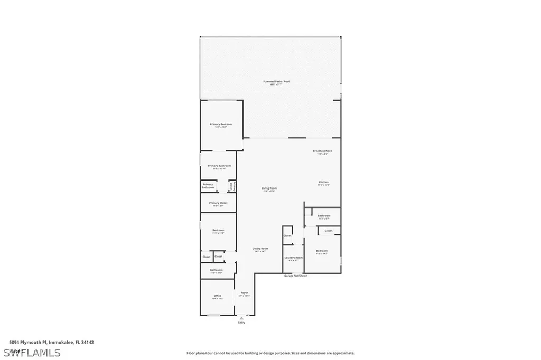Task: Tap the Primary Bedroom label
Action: click(x=221, y=124)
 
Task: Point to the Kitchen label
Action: click(x=323, y=182)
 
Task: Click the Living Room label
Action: click(x=269, y=188)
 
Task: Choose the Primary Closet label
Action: click(x=218, y=203)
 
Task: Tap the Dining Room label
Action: click(x=260, y=249)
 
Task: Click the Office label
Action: click(x=218, y=296)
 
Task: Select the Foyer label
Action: click(x=244, y=293)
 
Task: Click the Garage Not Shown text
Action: click(x=295, y=276)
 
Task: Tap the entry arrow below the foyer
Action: click(x=241, y=318)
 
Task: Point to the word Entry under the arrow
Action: click(x=241, y=323)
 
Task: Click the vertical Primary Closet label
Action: click(x=231, y=186)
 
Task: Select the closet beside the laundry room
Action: click(x=287, y=235)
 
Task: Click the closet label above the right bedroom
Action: click(x=328, y=231)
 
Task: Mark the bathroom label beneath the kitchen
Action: click(x=324, y=215)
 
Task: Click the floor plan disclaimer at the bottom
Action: click(x=270, y=353)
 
